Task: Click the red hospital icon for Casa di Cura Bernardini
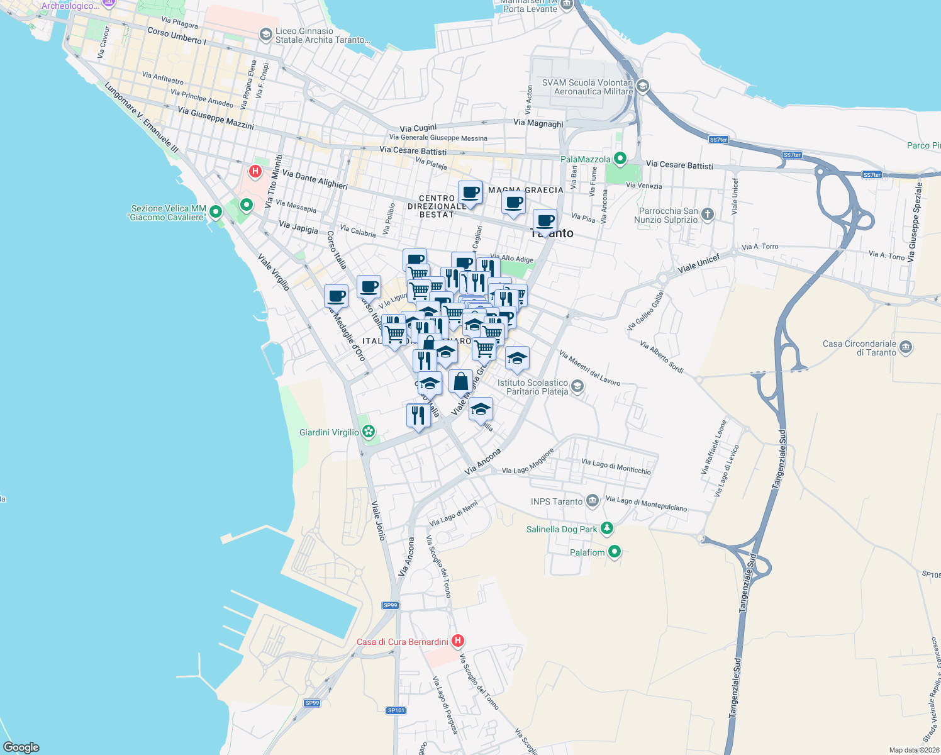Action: (457, 641)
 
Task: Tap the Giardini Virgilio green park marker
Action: (369, 432)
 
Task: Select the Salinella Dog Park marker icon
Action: (606, 528)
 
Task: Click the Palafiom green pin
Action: (615, 552)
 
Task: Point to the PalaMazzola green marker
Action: (620, 159)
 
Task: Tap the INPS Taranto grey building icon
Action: (593, 501)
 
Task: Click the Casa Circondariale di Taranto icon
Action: (906, 347)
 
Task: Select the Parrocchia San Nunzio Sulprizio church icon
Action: (708, 215)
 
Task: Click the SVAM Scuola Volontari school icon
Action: (642, 86)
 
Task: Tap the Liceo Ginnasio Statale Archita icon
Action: (266, 34)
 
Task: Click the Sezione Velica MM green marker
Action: (216, 212)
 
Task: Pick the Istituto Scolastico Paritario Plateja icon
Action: (577, 386)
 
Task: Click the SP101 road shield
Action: (396, 710)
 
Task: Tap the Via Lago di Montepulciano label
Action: (646, 503)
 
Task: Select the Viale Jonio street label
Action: (378, 521)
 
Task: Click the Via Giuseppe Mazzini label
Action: (216, 118)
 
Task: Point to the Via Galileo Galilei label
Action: (645, 311)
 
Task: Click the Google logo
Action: (21, 747)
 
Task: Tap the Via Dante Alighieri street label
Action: (315, 179)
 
